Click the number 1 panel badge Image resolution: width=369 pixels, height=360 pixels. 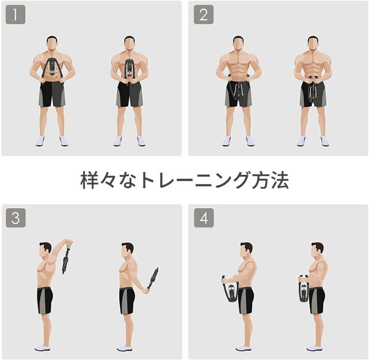point(16,14)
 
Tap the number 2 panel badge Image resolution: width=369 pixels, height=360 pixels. point(204,14)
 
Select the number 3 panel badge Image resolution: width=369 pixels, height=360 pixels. point(16,218)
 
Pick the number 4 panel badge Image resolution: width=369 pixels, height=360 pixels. point(204,218)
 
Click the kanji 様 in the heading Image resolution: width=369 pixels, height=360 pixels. point(89,181)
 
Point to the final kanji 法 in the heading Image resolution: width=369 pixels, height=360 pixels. point(280,181)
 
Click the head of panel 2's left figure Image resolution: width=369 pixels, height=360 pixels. point(238,43)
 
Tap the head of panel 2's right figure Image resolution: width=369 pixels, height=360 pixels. point(313,43)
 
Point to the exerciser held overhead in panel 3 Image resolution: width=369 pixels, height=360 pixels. point(66,260)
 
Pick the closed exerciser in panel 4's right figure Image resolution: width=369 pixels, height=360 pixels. point(304,288)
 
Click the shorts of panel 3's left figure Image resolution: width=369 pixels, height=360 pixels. point(45,301)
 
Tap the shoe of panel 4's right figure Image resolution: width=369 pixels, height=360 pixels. point(314,348)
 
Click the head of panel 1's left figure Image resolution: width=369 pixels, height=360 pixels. point(52,43)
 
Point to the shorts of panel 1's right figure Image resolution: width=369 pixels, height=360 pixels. point(129,94)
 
